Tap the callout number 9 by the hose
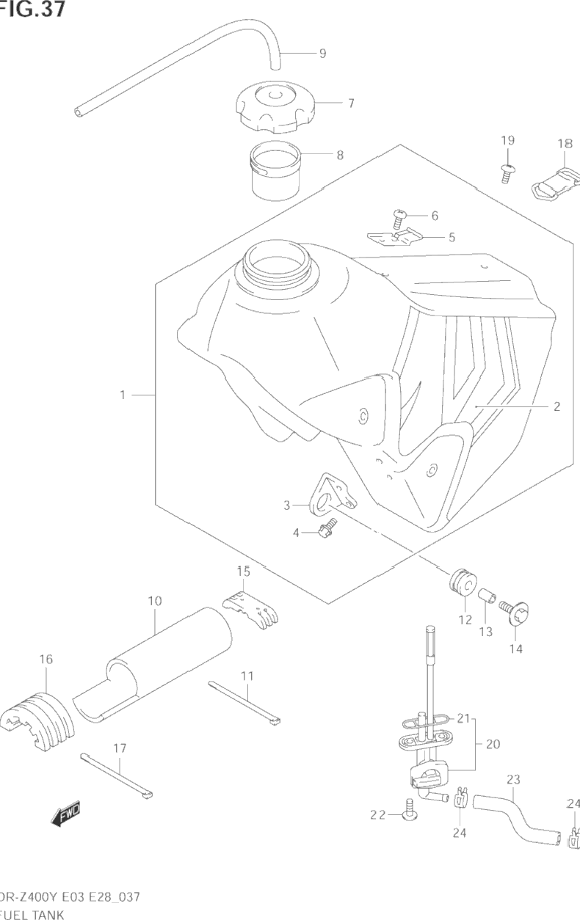322,53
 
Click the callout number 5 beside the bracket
452,237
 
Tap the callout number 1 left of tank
123,395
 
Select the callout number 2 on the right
557,406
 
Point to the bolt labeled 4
326,527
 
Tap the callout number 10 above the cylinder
154,601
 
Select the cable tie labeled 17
117,774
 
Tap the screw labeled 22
409,809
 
